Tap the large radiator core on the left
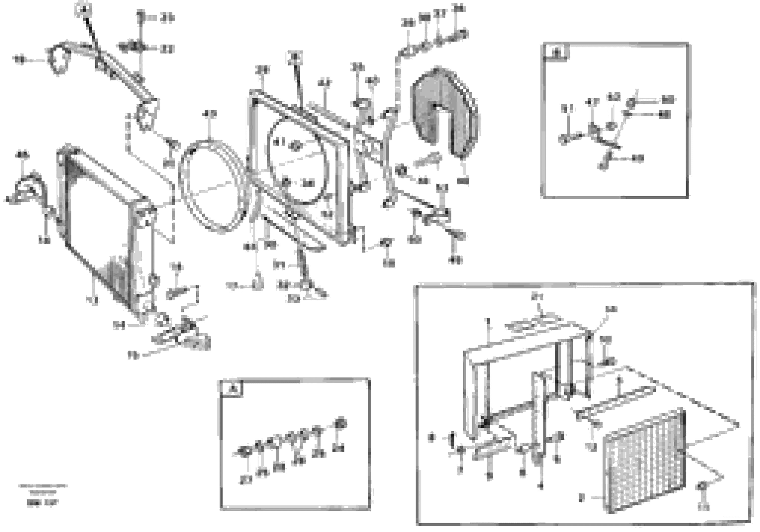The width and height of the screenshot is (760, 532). pos(99,229)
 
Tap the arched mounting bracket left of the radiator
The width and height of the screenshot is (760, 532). pos(31,189)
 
